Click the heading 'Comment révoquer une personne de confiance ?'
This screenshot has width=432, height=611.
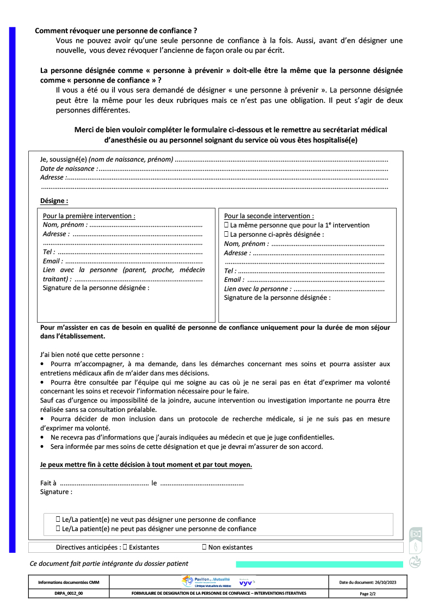[x=116, y=31]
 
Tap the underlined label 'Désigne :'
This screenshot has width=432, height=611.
[x=54, y=201]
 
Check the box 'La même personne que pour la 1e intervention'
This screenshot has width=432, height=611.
[x=226, y=225]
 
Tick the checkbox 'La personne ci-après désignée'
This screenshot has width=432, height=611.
[x=226, y=234]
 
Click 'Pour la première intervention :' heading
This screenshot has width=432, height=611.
[x=89, y=216]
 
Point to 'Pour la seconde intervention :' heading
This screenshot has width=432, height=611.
[x=269, y=216]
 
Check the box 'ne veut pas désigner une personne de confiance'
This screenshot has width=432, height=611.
[x=58, y=520]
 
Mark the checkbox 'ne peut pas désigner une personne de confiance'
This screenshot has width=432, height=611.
[x=58, y=529]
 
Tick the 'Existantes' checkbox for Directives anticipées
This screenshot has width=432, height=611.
[x=125, y=547]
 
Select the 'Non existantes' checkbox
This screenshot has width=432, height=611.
[x=205, y=547]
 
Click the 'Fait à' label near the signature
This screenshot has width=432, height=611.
[x=48, y=483]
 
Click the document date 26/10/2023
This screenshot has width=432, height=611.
[x=367, y=582]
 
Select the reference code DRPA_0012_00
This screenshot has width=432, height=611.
[x=69, y=594]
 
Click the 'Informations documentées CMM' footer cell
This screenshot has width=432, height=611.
[x=69, y=582]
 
